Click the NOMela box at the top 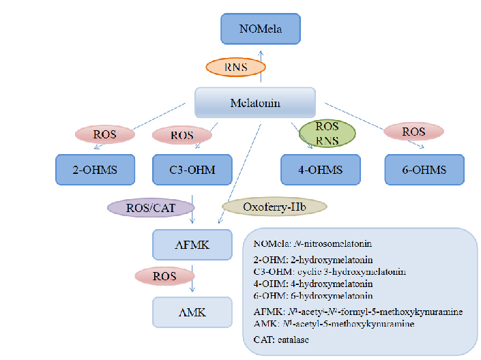260,29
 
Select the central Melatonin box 254,103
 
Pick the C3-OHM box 192,170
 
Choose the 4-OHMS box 321,170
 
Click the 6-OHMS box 424,170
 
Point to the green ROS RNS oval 327,132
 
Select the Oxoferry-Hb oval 275,207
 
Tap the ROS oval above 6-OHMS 414,132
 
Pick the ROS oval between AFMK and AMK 165,276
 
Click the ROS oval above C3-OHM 182,135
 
